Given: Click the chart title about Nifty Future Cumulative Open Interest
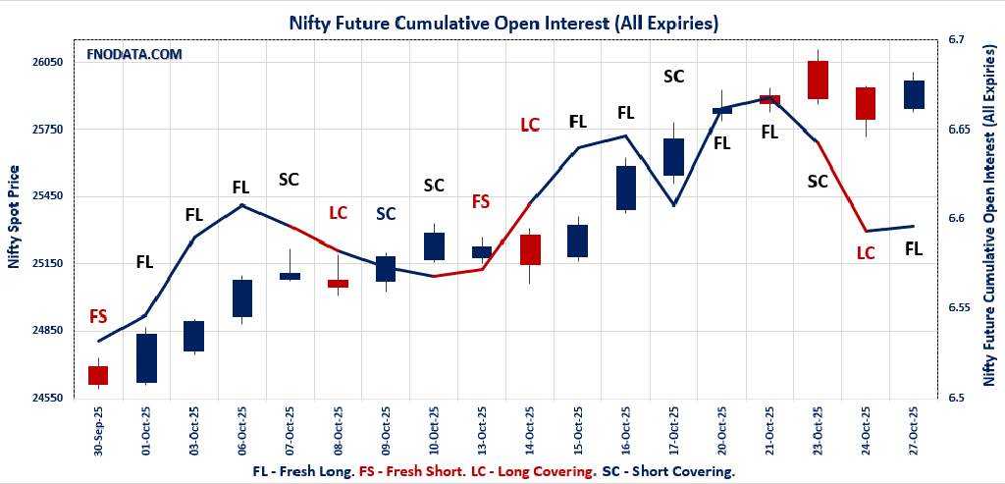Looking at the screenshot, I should pos(502,22).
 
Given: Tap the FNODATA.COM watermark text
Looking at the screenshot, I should pos(135,55).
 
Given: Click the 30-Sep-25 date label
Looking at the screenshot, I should pos(98,437).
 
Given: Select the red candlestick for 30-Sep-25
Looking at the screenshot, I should pos(98,375).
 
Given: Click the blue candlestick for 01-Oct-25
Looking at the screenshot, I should pos(146,358).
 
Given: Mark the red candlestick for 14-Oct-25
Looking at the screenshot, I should pos(530,249).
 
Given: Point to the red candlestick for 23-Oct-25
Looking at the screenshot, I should pos(818,80).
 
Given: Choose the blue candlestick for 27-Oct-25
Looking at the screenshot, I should pos(914,94).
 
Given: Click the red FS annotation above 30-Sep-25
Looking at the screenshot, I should pos(98,316).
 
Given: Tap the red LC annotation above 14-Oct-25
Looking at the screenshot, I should pos(530,125).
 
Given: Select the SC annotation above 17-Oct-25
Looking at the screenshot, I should pos(673,77).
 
